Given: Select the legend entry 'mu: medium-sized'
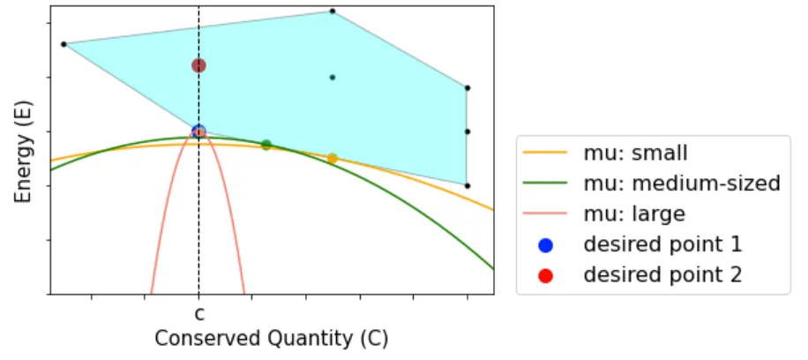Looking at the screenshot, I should [682, 184].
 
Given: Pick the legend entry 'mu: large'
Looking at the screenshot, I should [634, 214].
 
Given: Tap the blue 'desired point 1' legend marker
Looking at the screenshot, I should [545, 244].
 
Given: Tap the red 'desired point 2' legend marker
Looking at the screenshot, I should [545, 274].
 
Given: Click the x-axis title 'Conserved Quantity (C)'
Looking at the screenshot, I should [271, 338].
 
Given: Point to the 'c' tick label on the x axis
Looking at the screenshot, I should [198, 312].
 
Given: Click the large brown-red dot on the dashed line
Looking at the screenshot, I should [198, 65].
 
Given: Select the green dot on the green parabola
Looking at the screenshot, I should [266, 145].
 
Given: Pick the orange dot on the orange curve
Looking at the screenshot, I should [333, 158].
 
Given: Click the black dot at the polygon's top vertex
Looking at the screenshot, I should [333, 11].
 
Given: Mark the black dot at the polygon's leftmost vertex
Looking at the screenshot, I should [64, 44].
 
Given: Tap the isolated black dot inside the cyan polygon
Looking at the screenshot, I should [333, 78].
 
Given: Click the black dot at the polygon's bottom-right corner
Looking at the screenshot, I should [468, 185].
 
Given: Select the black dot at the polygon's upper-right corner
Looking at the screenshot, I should [468, 88].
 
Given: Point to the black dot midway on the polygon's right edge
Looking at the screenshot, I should [468, 131].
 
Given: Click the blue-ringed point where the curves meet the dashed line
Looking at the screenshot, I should [198, 131].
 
